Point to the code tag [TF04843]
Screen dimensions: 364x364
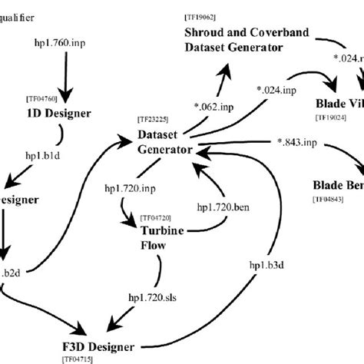point(328,199)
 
